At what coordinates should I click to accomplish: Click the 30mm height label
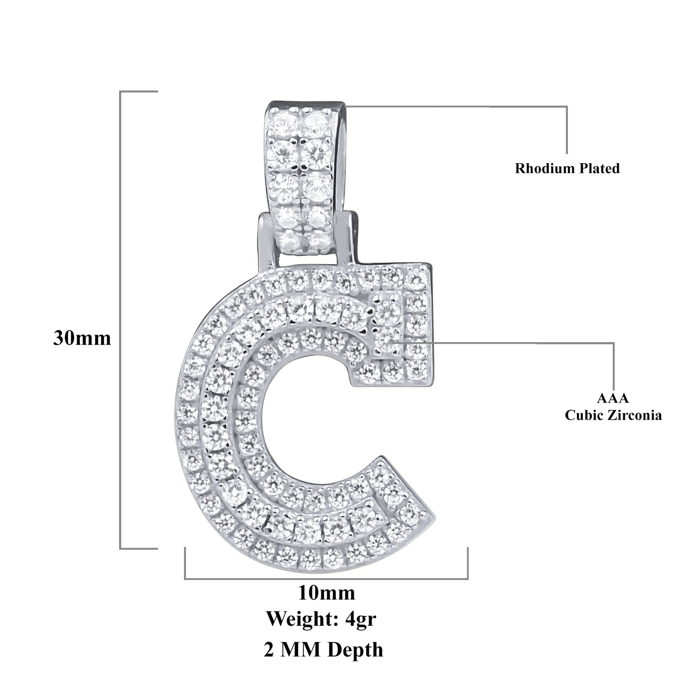tap(82, 338)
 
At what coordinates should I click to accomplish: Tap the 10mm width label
tap(326, 593)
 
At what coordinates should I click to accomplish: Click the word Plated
tap(599, 168)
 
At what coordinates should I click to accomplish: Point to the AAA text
tap(613, 398)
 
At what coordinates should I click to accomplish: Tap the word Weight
tap(302, 619)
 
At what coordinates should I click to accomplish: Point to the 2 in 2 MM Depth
tap(269, 650)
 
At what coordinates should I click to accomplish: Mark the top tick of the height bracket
tap(139, 91)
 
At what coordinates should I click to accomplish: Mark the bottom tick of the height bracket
tap(139, 548)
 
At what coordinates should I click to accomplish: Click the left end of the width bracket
tap(185, 564)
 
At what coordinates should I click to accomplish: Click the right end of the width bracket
tap(467, 564)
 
